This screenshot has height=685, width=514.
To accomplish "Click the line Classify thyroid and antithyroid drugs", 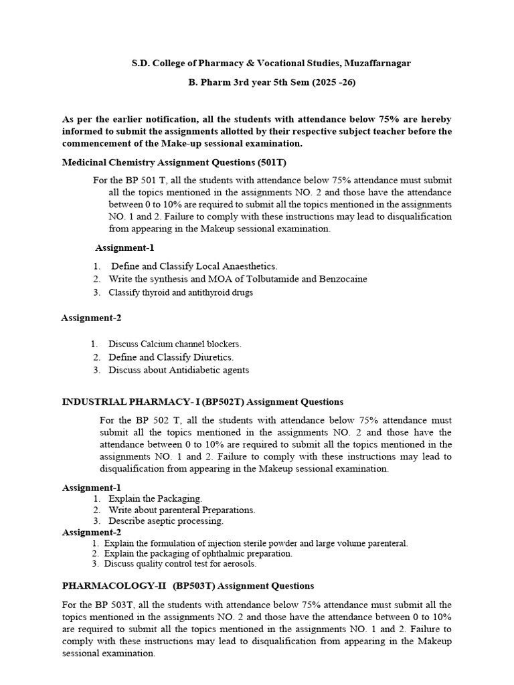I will (181, 292).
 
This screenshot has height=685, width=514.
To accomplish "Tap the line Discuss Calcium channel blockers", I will (175, 344).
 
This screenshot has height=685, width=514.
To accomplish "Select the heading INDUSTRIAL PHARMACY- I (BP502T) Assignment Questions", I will (203, 402).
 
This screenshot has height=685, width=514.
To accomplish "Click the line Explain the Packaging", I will (155, 498).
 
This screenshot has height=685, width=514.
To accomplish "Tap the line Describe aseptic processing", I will (166, 520).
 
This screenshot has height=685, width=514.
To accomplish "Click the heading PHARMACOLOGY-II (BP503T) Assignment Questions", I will (188, 586).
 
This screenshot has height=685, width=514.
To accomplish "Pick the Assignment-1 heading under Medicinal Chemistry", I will (124, 248).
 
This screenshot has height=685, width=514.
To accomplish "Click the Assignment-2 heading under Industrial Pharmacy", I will (92, 532).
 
